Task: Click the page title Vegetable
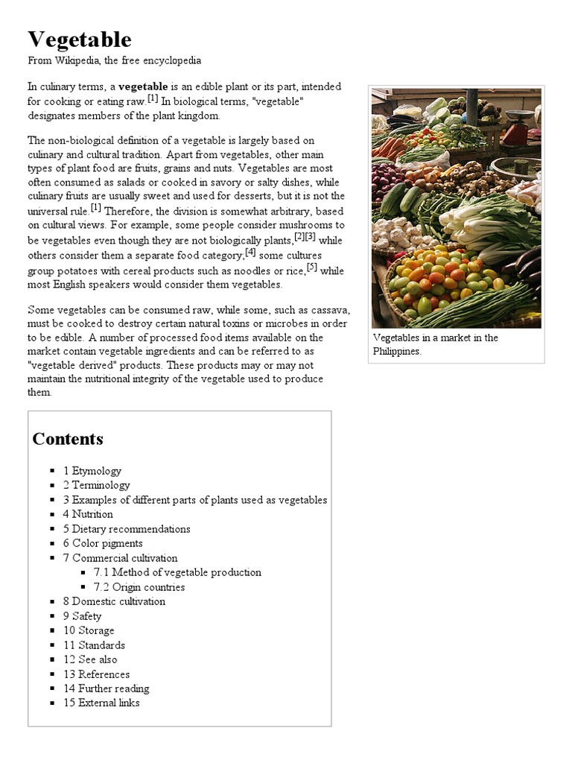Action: [x=80, y=39]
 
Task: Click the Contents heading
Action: [x=68, y=439]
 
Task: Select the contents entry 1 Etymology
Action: [x=92, y=471]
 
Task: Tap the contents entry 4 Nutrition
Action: [x=88, y=514]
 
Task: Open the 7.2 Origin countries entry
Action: [x=139, y=587]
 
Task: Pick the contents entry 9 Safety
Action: [x=82, y=616]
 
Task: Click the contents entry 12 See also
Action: [x=90, y=659]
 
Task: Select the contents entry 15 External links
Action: [x=101, y=703]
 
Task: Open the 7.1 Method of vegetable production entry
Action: [x=177, y=572]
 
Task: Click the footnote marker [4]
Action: [x=250, y=252]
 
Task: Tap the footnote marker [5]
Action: [x=312, y=266]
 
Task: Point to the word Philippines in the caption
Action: [x=397, y=352]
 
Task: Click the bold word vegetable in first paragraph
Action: [x=143, y=87]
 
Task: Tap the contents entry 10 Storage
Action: [x=89, y=630]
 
